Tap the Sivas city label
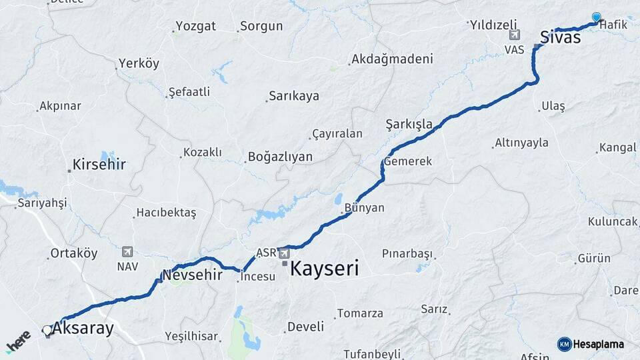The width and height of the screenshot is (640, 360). click(x=560, y=37)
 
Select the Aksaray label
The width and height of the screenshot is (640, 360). click(x=83, y=329)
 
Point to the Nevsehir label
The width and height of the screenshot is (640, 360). click(x=192, y=275)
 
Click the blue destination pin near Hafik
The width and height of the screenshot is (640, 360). click(x=596, y=17)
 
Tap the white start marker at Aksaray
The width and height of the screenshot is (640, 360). click(x=47, y=330)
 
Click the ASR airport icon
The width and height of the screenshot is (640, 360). click(x=285, y=253)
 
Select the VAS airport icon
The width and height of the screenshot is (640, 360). click(x=513, y=35)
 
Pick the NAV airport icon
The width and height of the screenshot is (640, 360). click(x=127, y=251)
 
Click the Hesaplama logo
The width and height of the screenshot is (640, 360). click(x=591, y=344)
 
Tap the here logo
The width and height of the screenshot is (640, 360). click(x=19, y=341)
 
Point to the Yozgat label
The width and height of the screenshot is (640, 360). click(x=195, y=27)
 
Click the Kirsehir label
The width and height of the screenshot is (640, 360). click(x=99, y=164)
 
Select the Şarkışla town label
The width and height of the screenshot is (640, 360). click(x=409, y=124)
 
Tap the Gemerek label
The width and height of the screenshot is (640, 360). click(x=408, y=161)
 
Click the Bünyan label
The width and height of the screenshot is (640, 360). click(x=365, y=207)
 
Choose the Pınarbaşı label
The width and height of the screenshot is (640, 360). click(x=407, y=253)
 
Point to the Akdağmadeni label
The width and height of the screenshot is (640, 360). click(x=392, y=59)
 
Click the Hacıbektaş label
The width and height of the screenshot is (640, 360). click(x=166, y=213)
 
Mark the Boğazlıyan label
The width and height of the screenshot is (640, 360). click(x=280, y=157)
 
